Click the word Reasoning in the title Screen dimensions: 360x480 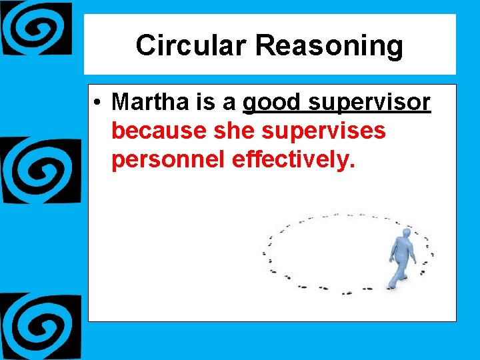tap(329, 47)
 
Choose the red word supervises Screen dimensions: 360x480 tap(324, 132)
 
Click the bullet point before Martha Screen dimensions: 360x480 tap(97, 103)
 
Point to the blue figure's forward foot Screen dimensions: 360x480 tap(391, 286)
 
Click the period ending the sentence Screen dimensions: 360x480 tap(349, 166)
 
